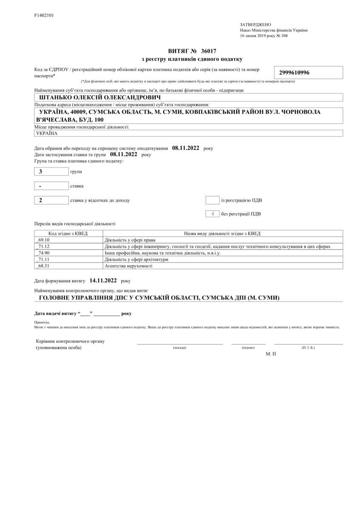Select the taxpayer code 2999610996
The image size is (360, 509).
(294, 73)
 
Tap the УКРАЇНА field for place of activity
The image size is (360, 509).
(47, 133)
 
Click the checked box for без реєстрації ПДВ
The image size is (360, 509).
(212, 214)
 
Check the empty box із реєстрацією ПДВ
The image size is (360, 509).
(212, 200)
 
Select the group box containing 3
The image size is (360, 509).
(51, 172)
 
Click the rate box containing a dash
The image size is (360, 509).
(51, 186)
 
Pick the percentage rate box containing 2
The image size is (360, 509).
(51, 200)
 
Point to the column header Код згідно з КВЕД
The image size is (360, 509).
(68, 233)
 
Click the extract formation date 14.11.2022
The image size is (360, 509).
(103, 280)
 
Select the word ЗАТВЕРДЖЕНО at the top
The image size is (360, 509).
(255, 25)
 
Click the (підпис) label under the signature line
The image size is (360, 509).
(248, 348)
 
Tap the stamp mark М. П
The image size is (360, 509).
(271, 353)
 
